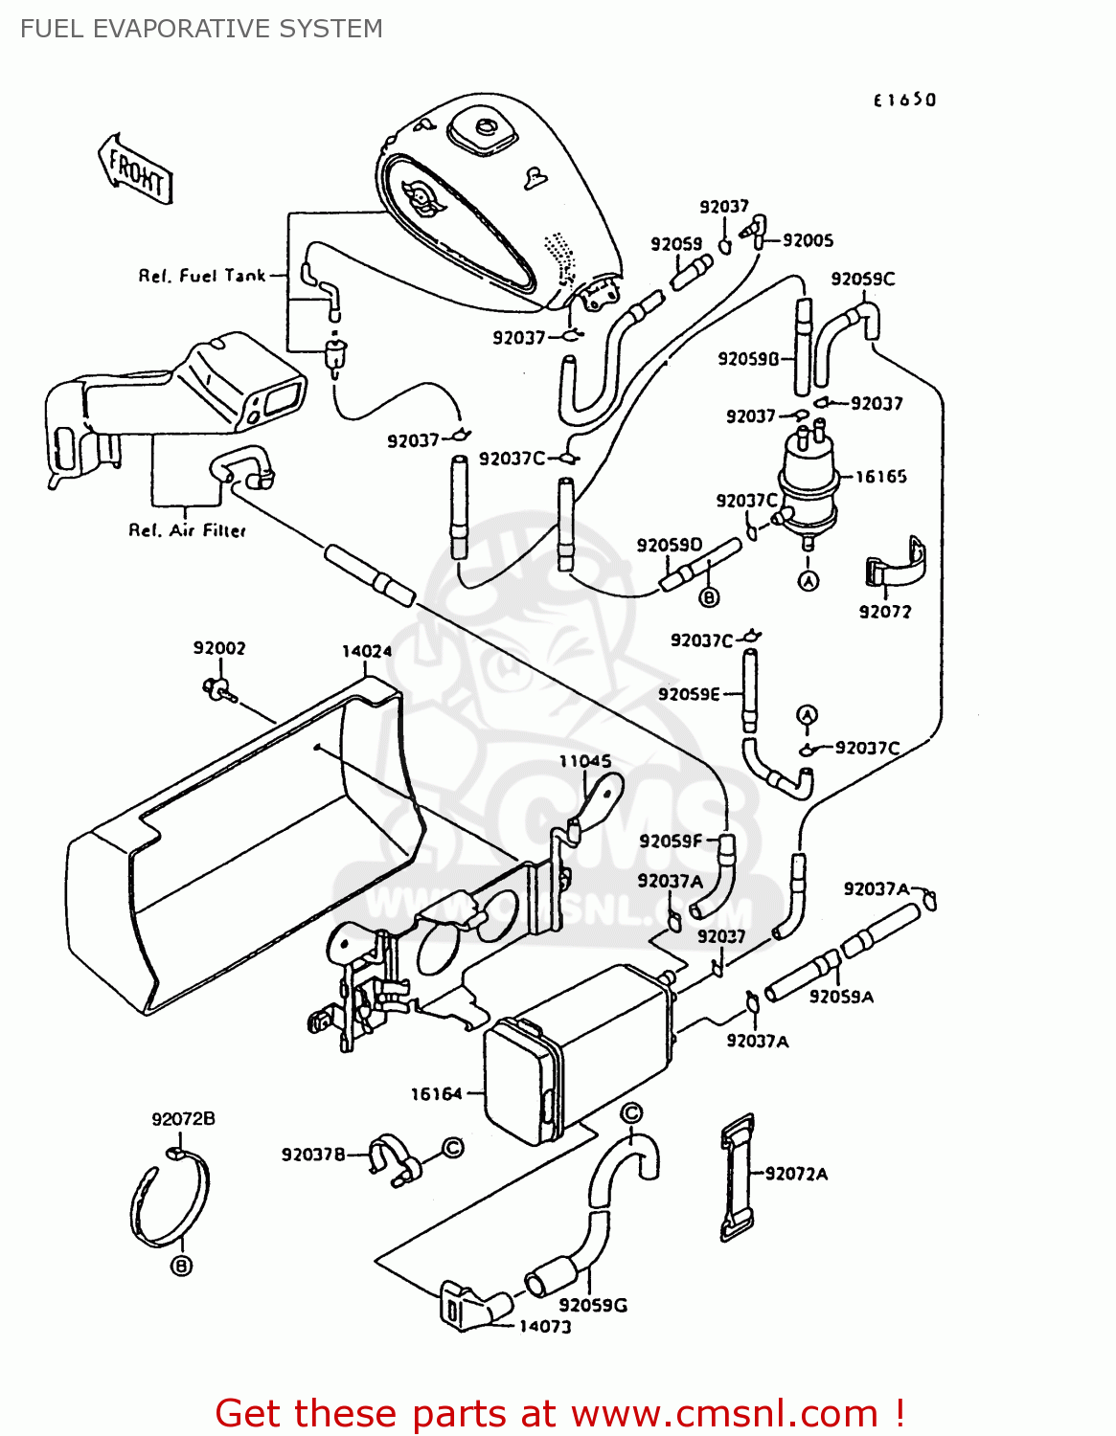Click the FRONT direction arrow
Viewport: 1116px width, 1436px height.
coord(136,170)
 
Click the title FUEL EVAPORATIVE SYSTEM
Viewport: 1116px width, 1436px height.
coord(201,29)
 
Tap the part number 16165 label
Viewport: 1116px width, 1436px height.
coord(880,477)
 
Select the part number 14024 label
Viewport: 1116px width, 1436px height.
coord(367,652)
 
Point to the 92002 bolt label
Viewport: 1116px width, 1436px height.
coord(219,648)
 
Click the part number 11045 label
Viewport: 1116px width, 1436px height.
coord(584,761)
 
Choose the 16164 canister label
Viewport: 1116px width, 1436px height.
coord(436,1093)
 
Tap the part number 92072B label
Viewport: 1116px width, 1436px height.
coord(183,1119)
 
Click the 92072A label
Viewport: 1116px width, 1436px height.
coord(796,1174)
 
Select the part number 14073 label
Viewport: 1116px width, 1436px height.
coord(545,1327)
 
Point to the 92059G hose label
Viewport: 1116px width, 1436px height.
coord(593,1305)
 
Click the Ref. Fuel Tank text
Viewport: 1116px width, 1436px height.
coord(202,276)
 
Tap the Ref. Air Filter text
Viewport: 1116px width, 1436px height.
coord(188,530)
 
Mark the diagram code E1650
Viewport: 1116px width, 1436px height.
coord(904,100)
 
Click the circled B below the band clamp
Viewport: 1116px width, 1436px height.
coord(181,1267)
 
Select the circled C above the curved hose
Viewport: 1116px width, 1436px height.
coord(631,1113)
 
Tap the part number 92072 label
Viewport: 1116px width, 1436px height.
coord(885,612)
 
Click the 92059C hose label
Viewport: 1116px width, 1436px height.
coord(863,279)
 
